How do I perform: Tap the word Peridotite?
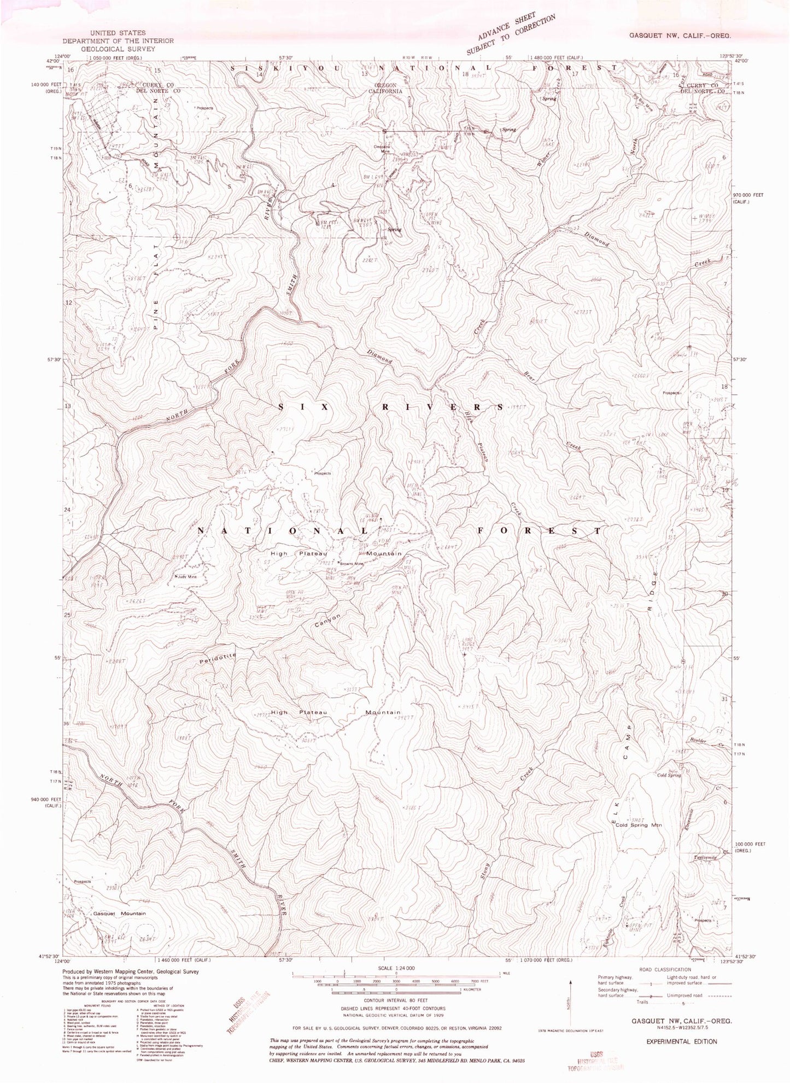tap(217, 660)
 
